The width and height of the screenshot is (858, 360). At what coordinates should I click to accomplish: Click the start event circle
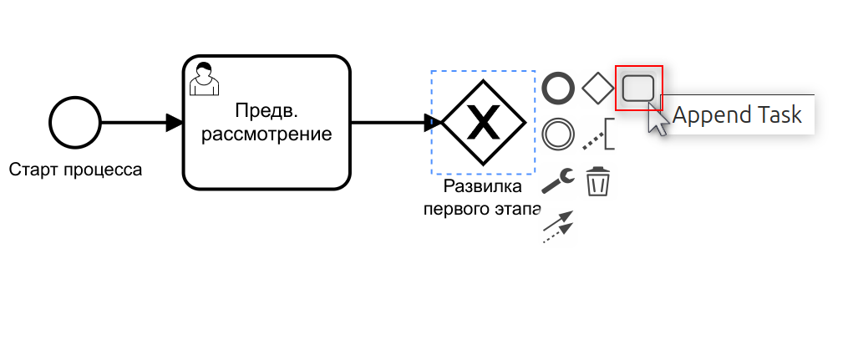(75, 123)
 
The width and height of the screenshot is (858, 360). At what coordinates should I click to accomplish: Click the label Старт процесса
(76, 170)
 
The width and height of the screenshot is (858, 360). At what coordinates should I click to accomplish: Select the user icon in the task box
(203, 78)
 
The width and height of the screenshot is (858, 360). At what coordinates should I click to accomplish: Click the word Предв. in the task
(266, 110)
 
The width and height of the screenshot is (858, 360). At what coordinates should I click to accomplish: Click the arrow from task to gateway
(393, 123)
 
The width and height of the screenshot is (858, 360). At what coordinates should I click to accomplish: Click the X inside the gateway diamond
(484, 124)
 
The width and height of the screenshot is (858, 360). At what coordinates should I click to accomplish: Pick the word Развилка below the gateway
(483, 185)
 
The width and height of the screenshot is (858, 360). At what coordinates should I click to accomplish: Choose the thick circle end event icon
(558, 87)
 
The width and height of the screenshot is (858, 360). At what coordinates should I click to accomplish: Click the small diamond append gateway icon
(597, 87)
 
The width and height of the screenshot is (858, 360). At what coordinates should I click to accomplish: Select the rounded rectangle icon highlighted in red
(638, 87)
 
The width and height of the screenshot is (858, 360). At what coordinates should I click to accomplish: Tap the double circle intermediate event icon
(558, 134)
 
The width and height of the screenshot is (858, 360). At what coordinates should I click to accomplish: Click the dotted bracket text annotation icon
(599, 134)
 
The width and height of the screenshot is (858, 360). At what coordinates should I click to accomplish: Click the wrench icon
(558, 180)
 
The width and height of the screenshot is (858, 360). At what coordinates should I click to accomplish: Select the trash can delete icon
(597, 181)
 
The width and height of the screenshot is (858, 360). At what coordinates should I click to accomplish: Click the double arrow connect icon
(558, 226)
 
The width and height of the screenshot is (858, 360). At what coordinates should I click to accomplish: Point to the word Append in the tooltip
(708, 115)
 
